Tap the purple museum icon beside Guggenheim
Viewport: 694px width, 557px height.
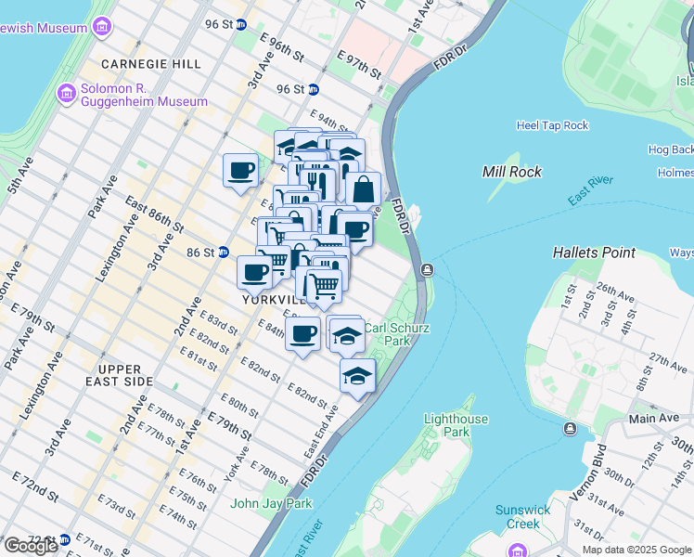pyautogui.click(x=65, y=93)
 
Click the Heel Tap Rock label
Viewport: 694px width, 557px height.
pyautogui.click(x=553, y=125)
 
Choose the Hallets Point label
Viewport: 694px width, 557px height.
pyautogui.click(x=594, y=252)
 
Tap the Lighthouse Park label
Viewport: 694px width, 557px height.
pyautogui.click(x=456, y=425)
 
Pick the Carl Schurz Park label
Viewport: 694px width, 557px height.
pyautogui.click(x=387, y=334)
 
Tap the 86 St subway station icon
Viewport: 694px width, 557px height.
pyautogui.click(x=224, y=252)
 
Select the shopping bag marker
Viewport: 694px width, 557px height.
pyautogui.click(x=364, y=188)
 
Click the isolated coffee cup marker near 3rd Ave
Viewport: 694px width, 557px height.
pyautogui.click(x=240, y=171)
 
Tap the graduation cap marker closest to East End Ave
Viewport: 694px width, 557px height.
pyautogui.click(x=357, y=376)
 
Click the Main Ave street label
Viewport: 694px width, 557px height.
pyautogui.click(x=655, y=418)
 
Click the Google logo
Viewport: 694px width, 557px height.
pyautogui.click(x=31, y=546)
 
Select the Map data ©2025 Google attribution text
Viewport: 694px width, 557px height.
pyautogui.click(x=636, y=550)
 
